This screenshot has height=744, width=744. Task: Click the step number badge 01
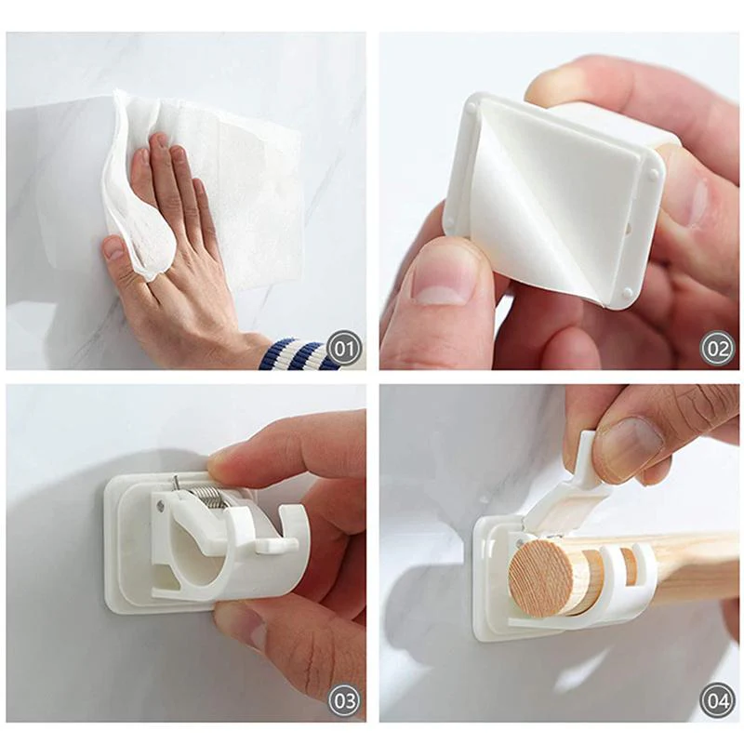pos(345,349)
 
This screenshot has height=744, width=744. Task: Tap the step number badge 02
pos(717,349)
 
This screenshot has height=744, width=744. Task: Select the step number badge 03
pos(345,699)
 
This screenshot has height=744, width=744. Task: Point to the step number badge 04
pos(717,699)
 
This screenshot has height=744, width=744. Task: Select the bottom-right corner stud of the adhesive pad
pos(629,294)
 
